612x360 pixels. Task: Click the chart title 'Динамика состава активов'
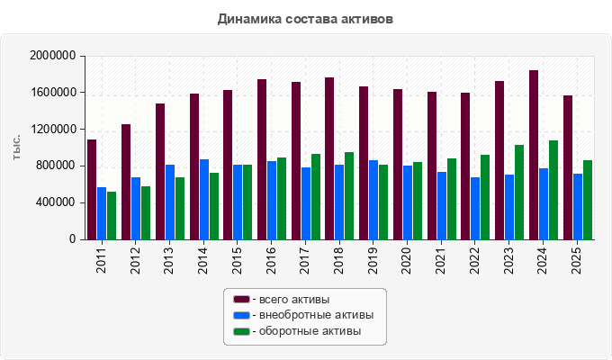305,19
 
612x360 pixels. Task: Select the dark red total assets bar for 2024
534,155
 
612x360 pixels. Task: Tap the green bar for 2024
553,190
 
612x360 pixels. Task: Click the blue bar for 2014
204,200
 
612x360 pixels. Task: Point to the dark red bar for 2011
92,190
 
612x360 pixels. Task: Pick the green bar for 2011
112,216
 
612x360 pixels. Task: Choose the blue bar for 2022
475,209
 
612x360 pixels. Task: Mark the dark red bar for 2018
329,158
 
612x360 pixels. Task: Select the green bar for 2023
519,193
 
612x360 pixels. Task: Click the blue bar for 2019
373,200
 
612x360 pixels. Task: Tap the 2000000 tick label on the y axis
53,56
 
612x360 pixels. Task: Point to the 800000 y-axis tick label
56,166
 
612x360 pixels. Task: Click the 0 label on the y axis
73,239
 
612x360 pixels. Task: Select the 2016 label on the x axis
271,260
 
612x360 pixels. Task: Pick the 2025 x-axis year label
576,260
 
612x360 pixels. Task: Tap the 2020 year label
407,260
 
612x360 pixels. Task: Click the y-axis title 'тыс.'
16,148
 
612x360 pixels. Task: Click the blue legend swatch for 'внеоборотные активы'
241,315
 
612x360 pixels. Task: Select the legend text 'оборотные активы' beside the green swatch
310,331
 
